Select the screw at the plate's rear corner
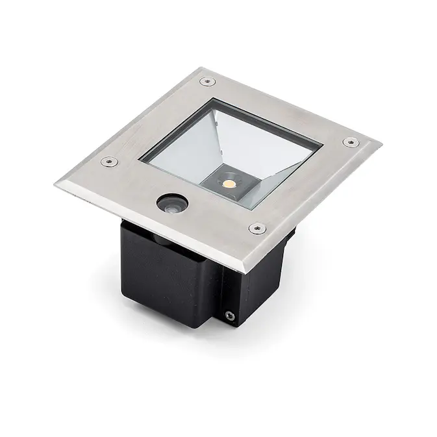pos(208,81)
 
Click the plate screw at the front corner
pos(257,229)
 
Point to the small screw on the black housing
pos(229,316)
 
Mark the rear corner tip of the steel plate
pos(203,68)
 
